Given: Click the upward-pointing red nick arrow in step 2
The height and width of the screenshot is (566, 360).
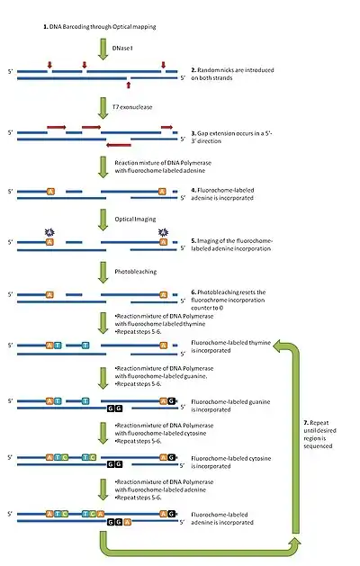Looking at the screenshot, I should coord(130,85).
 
